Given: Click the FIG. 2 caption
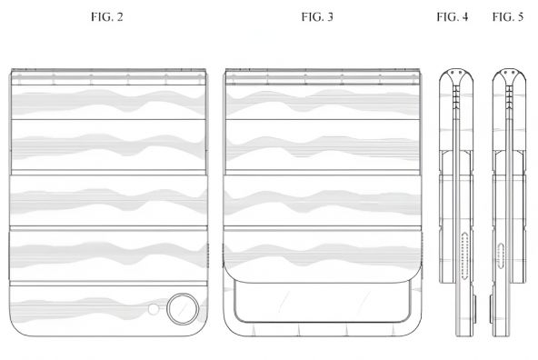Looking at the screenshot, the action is pyautogui.click(x=106, y=16).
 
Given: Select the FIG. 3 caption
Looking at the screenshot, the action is pyautogui.click(x=317, y=16).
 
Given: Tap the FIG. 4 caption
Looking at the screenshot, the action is pyautogui.click(x=453, y=16).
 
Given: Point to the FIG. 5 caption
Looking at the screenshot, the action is pyautogui.click(x=508, y=16).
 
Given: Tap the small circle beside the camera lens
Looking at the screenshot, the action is pyautogui.click(x=154, y=309).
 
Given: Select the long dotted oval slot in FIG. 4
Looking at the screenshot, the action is pyautogui.click(x=465, y=255).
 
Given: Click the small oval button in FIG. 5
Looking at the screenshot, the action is pyautogui.click(x=502, y=254).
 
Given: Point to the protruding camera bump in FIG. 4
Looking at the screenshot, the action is pyautogui.click(x=475, y=309).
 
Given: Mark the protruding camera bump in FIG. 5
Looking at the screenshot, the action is pyautogui.click(x=492, y=309).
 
